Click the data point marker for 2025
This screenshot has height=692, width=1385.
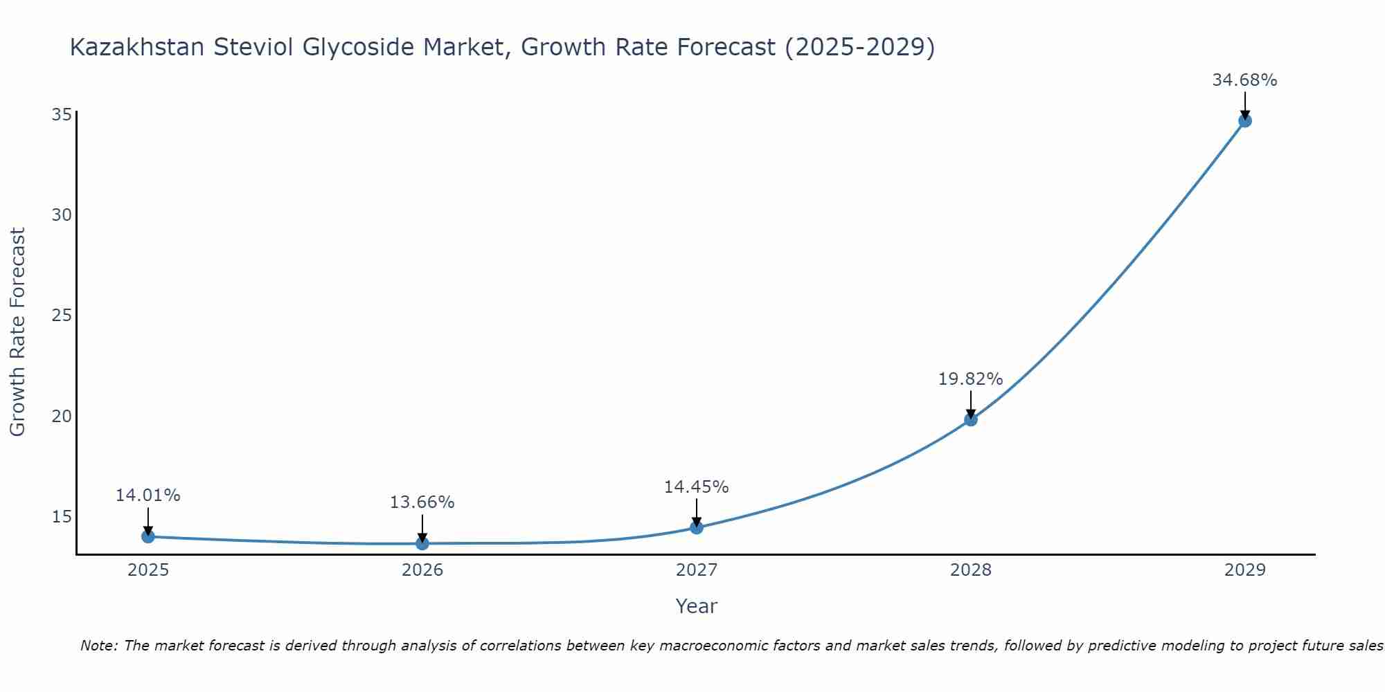148,536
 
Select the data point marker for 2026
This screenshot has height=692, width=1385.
422,543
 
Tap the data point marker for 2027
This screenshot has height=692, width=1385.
697,527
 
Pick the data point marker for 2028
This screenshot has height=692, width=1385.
971,419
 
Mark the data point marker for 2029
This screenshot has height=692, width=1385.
1244,120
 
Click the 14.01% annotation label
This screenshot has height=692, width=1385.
148,495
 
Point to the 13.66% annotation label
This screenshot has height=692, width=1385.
422,502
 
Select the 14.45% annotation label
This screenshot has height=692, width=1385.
696,487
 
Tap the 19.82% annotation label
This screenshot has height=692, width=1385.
970,379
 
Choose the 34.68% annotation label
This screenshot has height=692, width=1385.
1244,80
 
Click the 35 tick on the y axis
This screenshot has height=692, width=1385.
62,114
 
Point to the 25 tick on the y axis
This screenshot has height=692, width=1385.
62,316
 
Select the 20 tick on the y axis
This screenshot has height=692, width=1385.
62,416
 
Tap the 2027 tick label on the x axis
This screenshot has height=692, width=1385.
696,570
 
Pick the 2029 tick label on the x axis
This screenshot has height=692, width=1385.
1244,570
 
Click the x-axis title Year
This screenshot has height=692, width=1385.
696,606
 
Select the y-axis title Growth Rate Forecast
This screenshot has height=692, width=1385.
18,332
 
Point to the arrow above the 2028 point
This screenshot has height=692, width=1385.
971,405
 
